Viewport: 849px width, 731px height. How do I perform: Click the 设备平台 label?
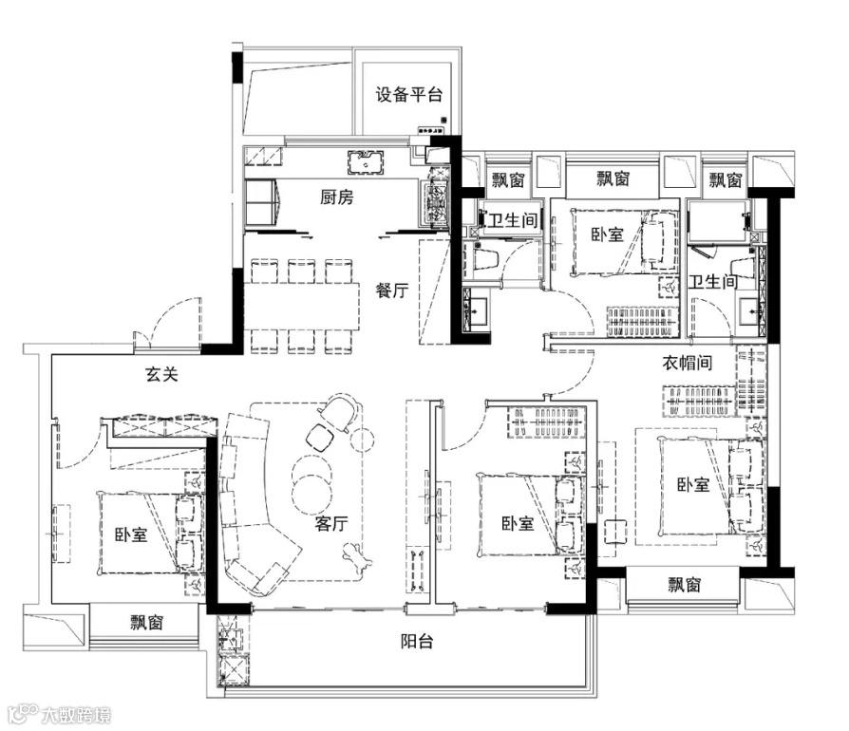click(x=408, y=95)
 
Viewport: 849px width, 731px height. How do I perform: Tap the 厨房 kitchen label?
click(x=337, y=197)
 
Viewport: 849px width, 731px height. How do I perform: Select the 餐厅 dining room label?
click(x=392, y=291)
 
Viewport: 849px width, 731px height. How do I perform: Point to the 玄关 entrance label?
click(x=161, y=374)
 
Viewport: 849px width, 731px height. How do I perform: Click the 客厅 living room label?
click(x=331, y=523)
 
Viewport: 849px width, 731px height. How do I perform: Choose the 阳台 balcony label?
click(x=417, y=642)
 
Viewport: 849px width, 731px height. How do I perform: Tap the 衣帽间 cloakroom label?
click(x=688, y=363)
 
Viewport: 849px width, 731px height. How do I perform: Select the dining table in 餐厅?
click(x=302, y=307)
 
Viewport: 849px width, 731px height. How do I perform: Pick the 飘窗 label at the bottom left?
click(x=147, y=623)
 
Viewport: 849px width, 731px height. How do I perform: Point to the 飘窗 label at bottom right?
click(x=685, y=585)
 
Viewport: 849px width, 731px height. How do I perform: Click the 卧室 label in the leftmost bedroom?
click(x=131, y=535)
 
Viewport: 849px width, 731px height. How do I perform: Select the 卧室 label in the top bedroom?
click(x=608, y=234)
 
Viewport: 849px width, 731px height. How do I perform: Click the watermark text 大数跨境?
click(x=77, y=715)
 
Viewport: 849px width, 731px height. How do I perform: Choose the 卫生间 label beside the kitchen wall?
click(x=512, y=220)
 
